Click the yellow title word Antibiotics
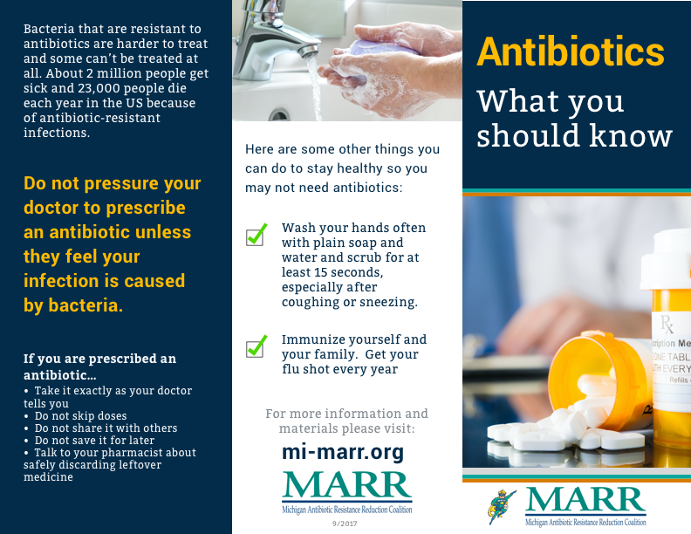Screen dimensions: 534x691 coord(570,52)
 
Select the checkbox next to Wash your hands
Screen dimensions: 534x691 coord(257,234)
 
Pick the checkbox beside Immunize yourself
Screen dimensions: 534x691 coord(257,345)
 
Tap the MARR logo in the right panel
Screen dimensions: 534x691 coord(585,508)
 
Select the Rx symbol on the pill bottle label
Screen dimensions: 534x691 coord(667,325)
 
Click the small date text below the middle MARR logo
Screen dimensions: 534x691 coord(346,524)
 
